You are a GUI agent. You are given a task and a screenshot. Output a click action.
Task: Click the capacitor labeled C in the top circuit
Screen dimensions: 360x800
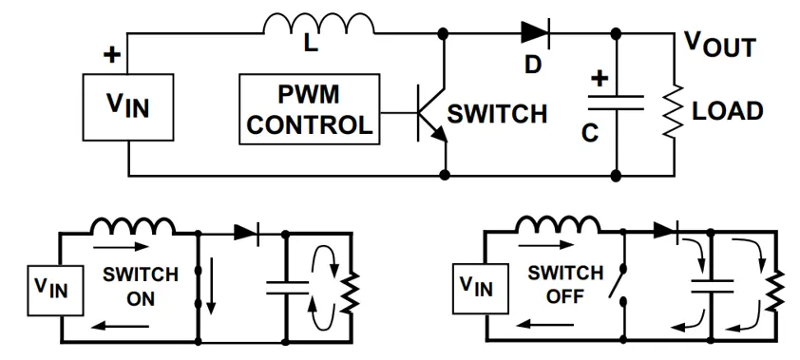616,104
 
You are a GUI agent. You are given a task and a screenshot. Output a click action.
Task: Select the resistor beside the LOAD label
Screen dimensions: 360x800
674,110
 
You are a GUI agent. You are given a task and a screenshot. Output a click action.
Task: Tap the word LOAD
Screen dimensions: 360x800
727,110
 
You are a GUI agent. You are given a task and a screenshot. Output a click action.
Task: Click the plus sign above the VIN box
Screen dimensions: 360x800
111,55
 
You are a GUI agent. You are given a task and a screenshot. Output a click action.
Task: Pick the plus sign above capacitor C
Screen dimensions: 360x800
599,78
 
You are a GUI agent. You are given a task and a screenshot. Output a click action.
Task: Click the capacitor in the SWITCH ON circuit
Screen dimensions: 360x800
285,285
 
